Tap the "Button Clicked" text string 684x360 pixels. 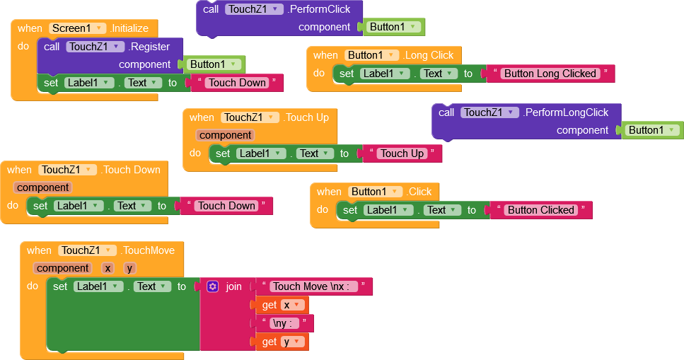point(540,210)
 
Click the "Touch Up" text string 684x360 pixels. point(402,153)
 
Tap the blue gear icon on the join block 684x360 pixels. point(213,286)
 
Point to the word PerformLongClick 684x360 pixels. point(566,112)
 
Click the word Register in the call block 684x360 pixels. point(149,47)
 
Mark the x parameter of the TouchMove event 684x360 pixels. point(108,268)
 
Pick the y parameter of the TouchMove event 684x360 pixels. point(129,268)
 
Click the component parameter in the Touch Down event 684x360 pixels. point(42,187)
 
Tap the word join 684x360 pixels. point(233,286)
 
